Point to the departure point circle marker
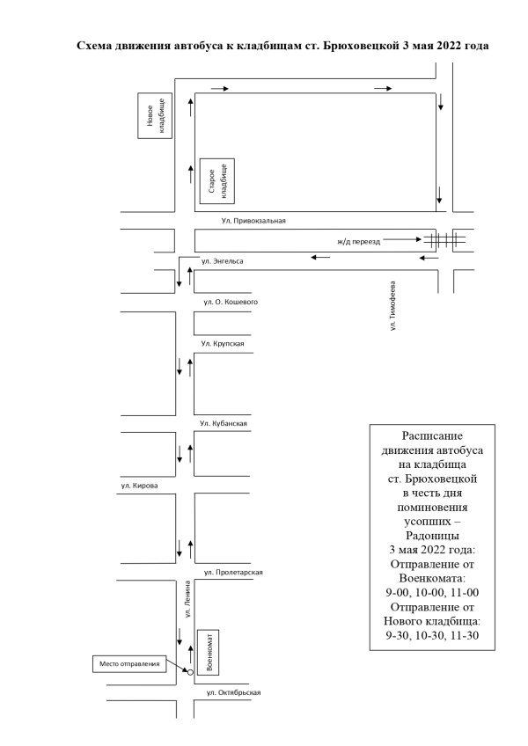point(190,672)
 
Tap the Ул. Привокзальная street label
point(253,221)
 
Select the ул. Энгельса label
point(223,261)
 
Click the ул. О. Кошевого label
point(231,302)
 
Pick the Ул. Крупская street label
point(223,343)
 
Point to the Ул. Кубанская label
point(224,423)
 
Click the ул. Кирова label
point(139,486)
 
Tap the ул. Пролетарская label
point(233,573)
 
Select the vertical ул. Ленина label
point(188,599)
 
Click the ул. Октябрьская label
point(233,692)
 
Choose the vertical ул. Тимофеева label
point(392,305)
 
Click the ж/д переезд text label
point(358,242)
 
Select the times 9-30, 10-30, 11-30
point(432,635)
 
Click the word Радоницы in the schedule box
point(432,536)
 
